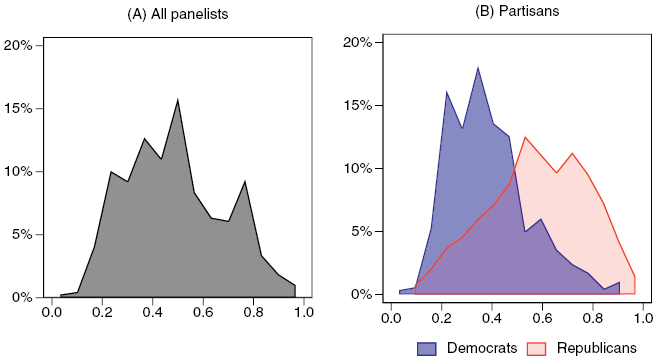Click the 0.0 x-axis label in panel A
click(x=52, y=313)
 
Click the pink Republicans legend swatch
click(x=541, y=347)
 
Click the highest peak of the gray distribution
click(x=177, y=99)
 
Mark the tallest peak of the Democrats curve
click(x=478, y=67)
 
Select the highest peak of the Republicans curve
click(x=525, y=137)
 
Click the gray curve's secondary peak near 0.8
click(x=245, y=181)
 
